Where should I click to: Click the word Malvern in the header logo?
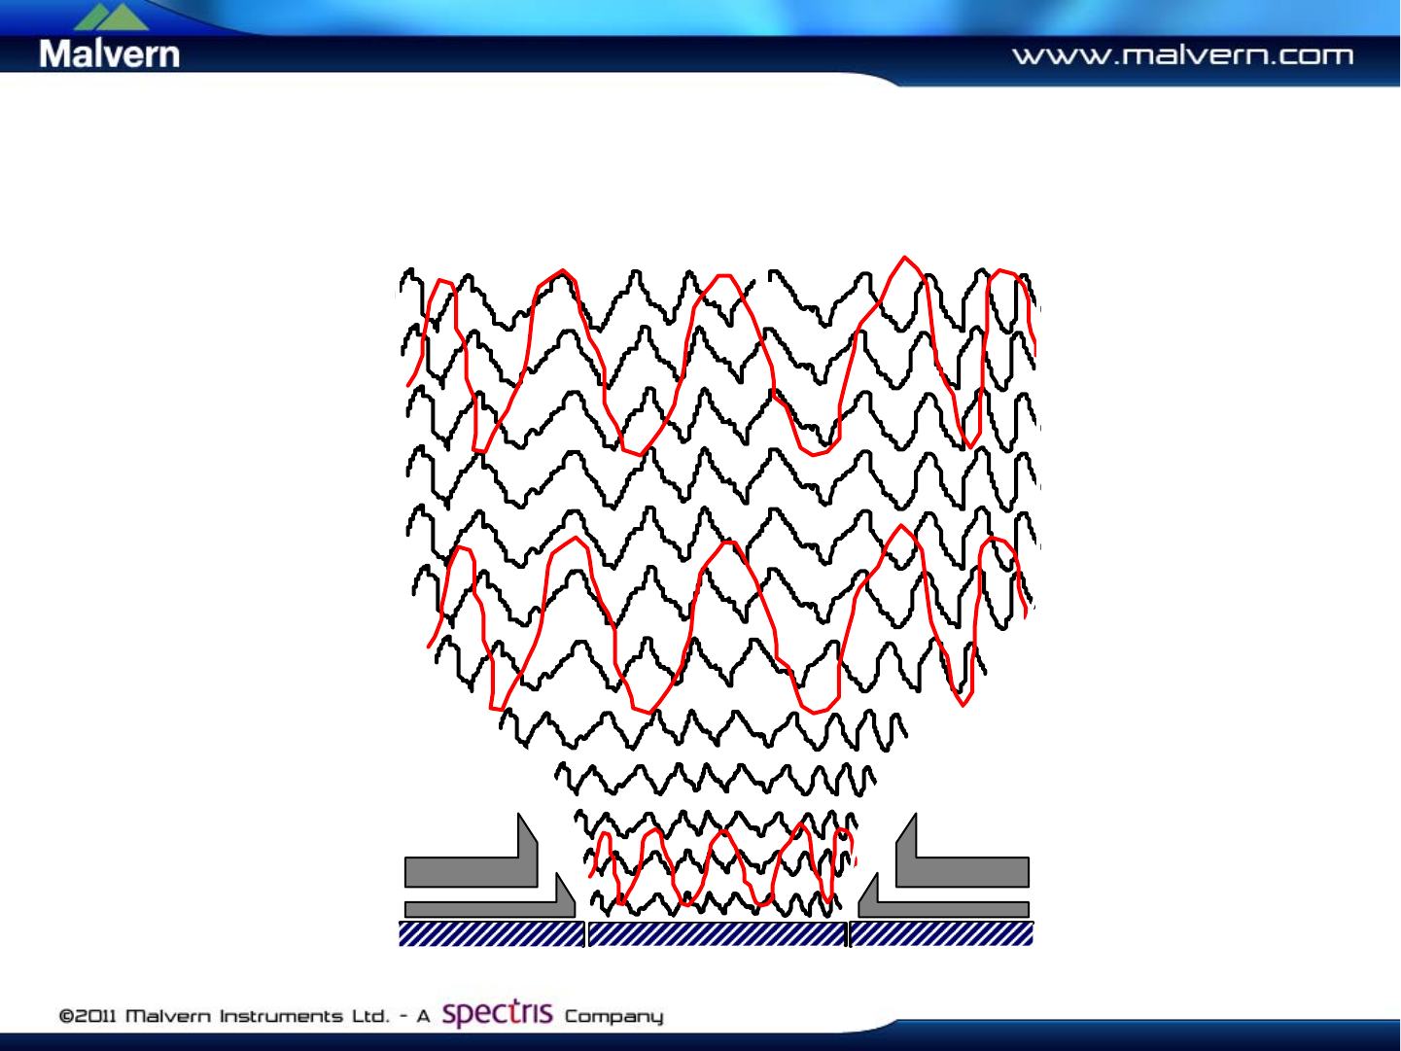(x=109, y=53)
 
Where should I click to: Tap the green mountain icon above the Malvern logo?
(x=111, y=18)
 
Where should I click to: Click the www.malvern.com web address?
(x=1182, y=55)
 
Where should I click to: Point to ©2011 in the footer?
(x=88, y=1015)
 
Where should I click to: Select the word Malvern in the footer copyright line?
(x=168, y=1015)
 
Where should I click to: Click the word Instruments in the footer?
(x=282, y=1015)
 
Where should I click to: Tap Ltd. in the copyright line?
(x=370, y=1015)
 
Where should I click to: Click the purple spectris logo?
(x=497, y=1013)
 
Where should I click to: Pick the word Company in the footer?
(x=614, y=1017)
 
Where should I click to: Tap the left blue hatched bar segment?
(x=491, y=933)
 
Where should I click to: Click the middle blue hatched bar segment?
(x=718, y=933)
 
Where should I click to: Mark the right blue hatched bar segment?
(x=941, y=933)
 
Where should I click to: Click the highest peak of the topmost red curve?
(x=904, y=258)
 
